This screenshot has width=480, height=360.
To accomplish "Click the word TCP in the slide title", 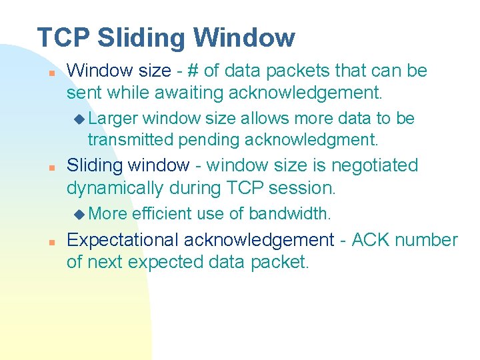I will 63,37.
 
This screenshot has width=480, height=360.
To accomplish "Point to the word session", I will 304,188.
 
